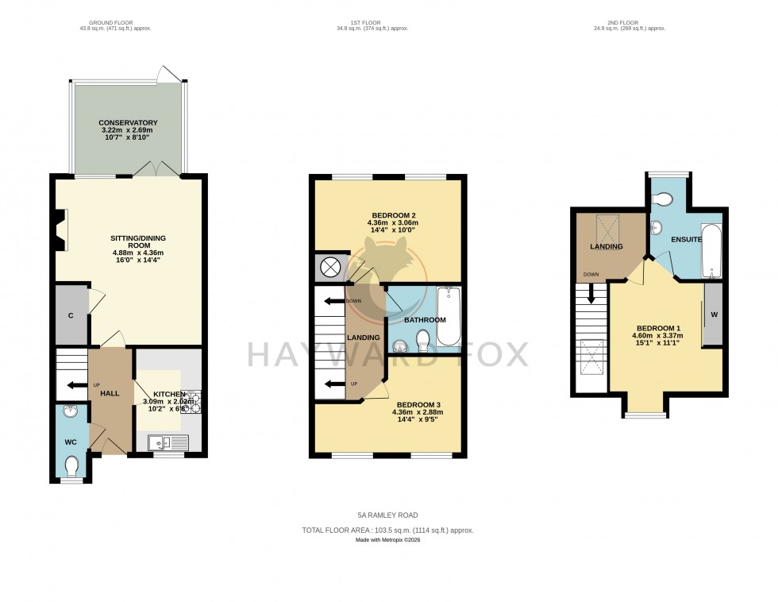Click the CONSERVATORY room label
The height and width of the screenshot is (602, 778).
click(x=128, y=122)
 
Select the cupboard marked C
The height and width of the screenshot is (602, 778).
click(x=71, y=315)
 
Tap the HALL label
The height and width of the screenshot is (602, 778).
click(x=110, y=394)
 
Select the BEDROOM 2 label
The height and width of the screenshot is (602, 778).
click(x=392, y=215)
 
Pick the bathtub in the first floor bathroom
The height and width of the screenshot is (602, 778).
click(x=448, y=316)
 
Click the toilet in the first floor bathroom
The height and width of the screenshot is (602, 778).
click(x=423, y=341)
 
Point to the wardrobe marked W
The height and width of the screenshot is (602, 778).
click(x=713, y=313)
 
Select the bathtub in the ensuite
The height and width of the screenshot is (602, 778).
click(x=711, y=252)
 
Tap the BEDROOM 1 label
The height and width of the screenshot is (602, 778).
click(x=658, y=328)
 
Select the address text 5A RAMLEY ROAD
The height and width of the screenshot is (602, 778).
click(x=387, y=515)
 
